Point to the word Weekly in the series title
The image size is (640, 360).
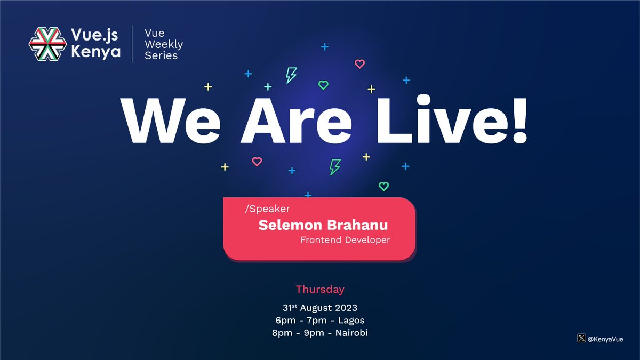(x=164, y=44)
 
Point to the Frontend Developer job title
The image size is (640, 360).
(x=345, y=240)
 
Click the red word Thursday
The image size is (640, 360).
(x=320, y=290)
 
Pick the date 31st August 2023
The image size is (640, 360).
(x=320, y=308)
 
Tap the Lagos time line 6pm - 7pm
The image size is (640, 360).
(x=320, y=321)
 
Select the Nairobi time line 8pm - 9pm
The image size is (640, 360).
(x=320, y=333)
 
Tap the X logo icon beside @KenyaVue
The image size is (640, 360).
(x=581, y=338)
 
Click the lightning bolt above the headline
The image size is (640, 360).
(x=291, y=75)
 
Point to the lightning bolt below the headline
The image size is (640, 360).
(x=334, y=167)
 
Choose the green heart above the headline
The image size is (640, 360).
(x=323, y=85)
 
